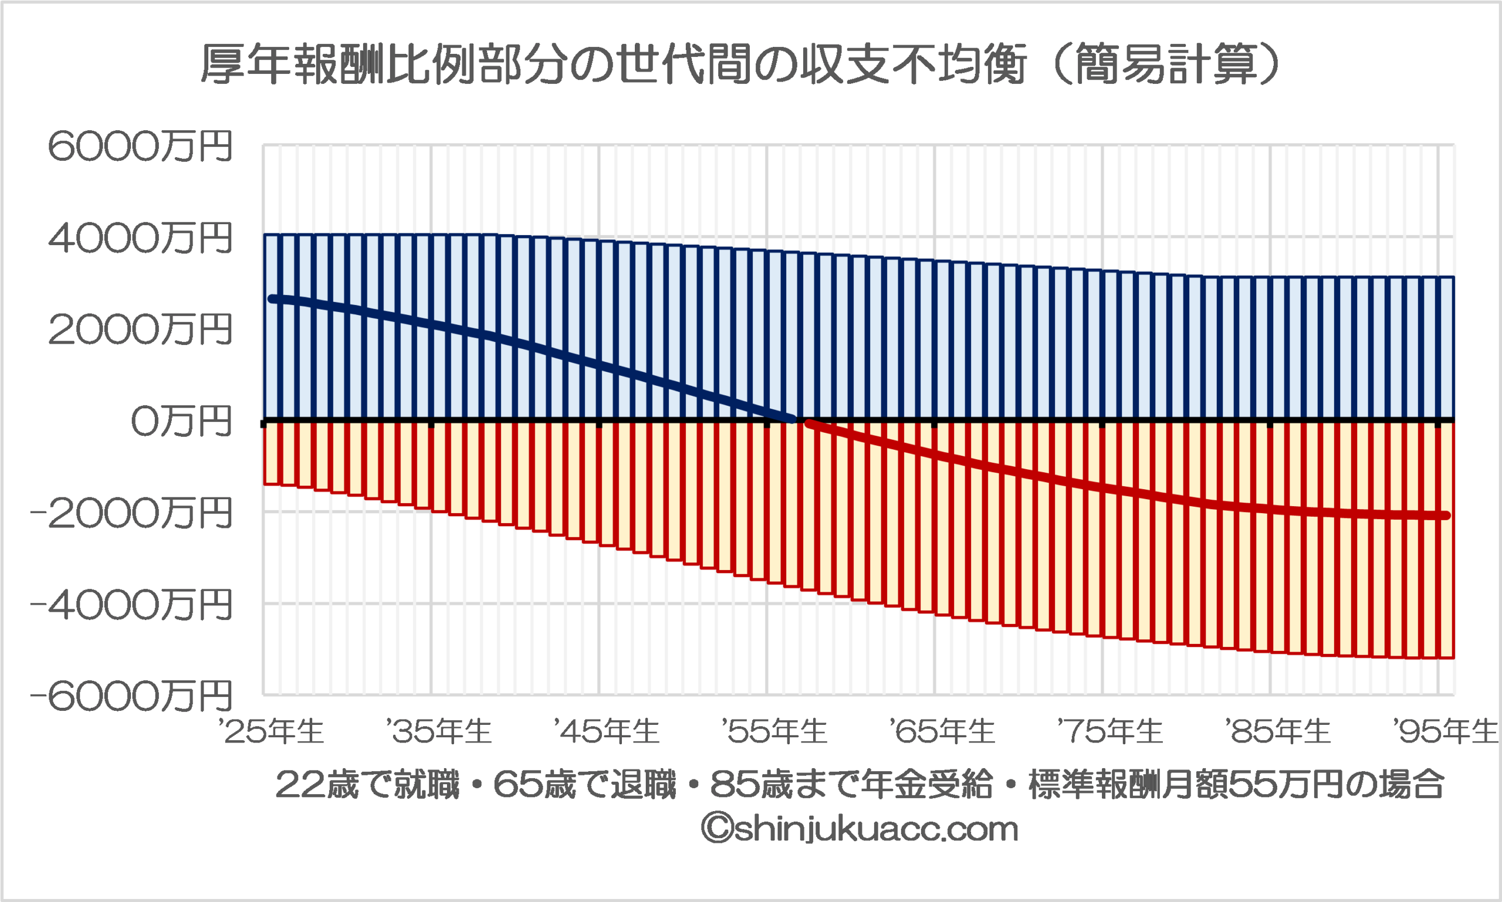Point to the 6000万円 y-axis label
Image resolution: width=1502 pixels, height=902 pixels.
140,147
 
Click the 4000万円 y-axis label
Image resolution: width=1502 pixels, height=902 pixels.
140,238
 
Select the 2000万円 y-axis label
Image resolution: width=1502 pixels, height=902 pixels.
140,330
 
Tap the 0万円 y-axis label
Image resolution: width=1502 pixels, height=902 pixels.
181,422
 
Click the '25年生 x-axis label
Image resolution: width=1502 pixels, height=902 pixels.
272,731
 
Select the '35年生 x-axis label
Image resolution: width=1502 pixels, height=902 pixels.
439,731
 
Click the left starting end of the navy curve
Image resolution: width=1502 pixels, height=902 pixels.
272,299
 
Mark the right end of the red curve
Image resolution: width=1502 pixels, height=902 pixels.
1447,516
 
